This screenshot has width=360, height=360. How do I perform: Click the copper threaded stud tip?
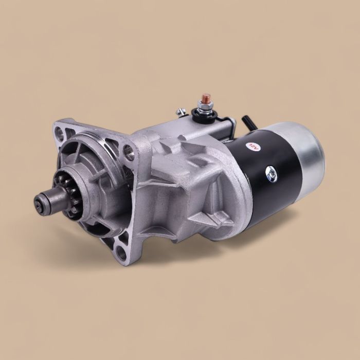point(206,97)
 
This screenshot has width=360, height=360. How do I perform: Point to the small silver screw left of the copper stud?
point(180,111)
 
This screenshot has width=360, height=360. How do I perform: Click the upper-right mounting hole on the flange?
point(128,151)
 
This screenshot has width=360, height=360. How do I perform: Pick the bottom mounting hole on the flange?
point(121,253)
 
